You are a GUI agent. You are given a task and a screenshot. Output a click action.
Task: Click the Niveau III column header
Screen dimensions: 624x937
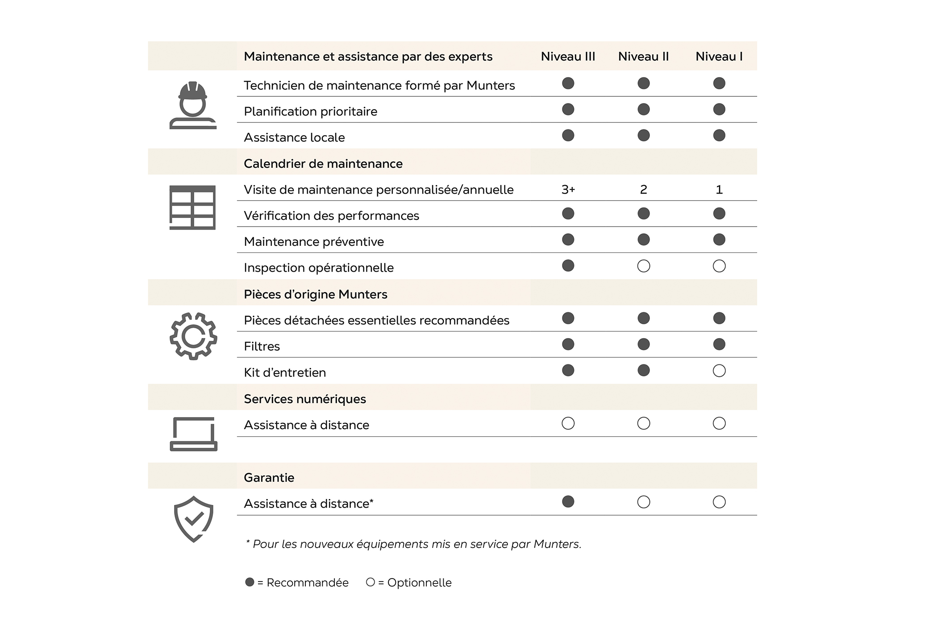(568, 57)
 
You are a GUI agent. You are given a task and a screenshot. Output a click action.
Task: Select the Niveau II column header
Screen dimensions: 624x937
(643, 57)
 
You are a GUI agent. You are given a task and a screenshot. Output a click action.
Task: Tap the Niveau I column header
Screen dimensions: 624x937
(719, 57)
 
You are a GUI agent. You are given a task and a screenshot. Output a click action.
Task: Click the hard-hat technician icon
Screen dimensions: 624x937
(193, 106)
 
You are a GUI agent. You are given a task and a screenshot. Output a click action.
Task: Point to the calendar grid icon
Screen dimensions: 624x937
(192, 207)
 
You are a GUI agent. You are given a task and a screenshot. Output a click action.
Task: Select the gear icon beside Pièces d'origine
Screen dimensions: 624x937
(193, 336)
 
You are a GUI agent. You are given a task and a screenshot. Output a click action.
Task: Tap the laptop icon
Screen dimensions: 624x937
(193, 434)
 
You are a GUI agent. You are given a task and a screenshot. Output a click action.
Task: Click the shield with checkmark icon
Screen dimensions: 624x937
(193, 519)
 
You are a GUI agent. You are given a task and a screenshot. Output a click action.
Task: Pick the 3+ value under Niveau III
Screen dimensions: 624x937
(568, 190)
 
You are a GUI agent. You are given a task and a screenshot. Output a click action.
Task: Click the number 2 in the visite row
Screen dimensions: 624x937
(643, 190)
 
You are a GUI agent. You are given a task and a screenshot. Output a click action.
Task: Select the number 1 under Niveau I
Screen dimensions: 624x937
(719, 190)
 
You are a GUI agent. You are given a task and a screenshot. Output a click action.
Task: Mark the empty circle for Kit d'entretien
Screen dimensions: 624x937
(719, 371)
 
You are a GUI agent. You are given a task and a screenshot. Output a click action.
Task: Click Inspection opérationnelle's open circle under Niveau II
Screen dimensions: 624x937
(643, 266)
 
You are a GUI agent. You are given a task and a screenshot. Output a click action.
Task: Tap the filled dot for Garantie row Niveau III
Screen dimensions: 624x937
(568, 502)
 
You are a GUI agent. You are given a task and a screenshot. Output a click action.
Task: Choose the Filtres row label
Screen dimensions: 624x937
(262, 347)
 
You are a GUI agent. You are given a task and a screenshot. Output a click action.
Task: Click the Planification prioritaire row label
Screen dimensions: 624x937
(310, 112)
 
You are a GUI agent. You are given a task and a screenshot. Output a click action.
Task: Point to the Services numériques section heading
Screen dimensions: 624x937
(304, 399)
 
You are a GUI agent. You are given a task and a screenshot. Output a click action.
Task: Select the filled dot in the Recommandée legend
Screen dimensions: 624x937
(250, 582)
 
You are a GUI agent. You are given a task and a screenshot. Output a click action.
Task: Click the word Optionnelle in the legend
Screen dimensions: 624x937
(419, 583)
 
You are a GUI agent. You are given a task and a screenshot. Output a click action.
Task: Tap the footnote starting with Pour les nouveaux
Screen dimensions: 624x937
(413, 544)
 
